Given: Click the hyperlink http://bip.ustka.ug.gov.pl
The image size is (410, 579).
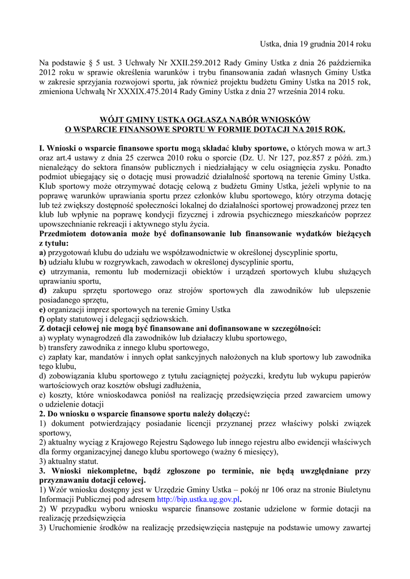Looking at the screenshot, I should pos(198,500).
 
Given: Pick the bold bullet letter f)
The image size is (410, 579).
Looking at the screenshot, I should pos(42,318).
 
